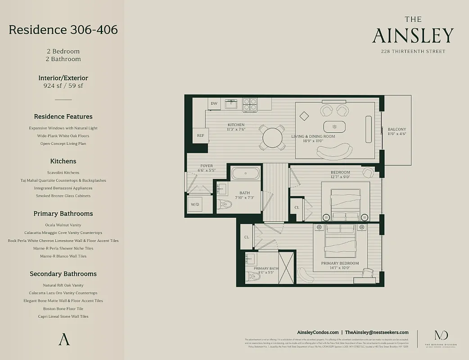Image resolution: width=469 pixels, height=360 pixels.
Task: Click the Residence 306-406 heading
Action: (x=63, y=30)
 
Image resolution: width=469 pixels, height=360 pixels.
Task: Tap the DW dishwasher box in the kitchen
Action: (x=214, y=103)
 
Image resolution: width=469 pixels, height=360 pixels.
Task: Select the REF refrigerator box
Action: (x=200, y=135)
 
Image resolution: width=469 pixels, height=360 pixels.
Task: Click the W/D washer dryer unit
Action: (x=195, y=205)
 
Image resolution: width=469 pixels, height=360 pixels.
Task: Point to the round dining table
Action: (x=272, y=138)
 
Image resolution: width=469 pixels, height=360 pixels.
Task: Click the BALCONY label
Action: (x=397, y=130)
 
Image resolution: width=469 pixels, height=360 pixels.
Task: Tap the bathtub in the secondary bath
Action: (x=245, y=173)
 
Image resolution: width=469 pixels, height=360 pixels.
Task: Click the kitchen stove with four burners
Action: (x=250, y=104)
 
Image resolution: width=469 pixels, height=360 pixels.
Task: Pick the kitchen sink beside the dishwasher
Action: (x=231, y=104)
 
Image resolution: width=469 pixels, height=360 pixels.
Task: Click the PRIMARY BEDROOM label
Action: (x=340, y=263)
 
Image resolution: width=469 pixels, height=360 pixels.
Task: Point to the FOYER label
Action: (x=207, y=166)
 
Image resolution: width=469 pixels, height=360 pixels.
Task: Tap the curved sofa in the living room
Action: (x=335, y=152)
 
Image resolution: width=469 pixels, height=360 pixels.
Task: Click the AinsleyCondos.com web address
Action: (x=318, y=332)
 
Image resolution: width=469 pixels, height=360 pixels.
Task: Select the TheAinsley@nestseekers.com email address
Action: (x=377, y=332)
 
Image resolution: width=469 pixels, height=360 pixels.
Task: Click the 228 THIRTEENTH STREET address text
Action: (x=413, y=51)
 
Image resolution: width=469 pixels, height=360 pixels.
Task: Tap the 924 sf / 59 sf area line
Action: (x=63, y=85)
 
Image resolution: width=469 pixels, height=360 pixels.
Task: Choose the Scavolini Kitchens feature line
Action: (x=63, y=172)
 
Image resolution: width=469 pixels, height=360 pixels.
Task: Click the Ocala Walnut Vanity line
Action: (x=63, y=225)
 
